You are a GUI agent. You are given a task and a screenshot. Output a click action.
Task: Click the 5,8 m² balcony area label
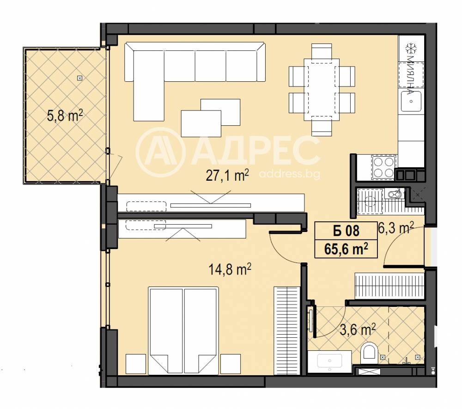pyautogui.click(x=65, y=115)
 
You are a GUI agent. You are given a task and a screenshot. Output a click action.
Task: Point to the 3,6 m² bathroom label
pyautogui.click(x=358, y=330)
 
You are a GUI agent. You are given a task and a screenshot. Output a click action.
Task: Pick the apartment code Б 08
pyautogui.click(x=346, y=231)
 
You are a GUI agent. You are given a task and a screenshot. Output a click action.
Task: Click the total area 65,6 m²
pyautogui.click(x=346, y=249)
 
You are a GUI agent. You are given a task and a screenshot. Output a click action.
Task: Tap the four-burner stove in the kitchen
pyautogui.click(x=383, y=167)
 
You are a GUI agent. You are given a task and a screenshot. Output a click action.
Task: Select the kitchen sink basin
pyautogui.click(x=411, y=101)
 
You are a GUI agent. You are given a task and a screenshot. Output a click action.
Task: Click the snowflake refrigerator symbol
pyautogui.click(x=411, y=49)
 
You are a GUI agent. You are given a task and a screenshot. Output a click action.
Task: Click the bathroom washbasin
pyautogui.click(x=330, y=361)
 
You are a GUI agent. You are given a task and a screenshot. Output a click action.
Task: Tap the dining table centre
pyautogui.click(x=322, y=90)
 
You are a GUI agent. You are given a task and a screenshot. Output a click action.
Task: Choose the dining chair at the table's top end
pyautogui.click(x=322, y=51)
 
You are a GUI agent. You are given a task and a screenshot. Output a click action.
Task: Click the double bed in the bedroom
pyautogui.click(x=183, y=330)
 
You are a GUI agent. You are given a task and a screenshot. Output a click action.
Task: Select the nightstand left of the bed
pyautogui.click(x=136, y=364)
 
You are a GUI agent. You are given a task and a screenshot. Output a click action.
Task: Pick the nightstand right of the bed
pyautogui.click(x=231, y=364)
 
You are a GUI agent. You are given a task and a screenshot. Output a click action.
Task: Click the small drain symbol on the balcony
pyautogui.click(x=79, y=78)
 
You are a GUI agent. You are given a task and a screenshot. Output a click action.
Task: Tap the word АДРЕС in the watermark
pyautogui.click(x=256, y=151)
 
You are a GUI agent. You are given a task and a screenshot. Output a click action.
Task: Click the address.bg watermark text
pyautogui.click(x=290, y=174)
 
